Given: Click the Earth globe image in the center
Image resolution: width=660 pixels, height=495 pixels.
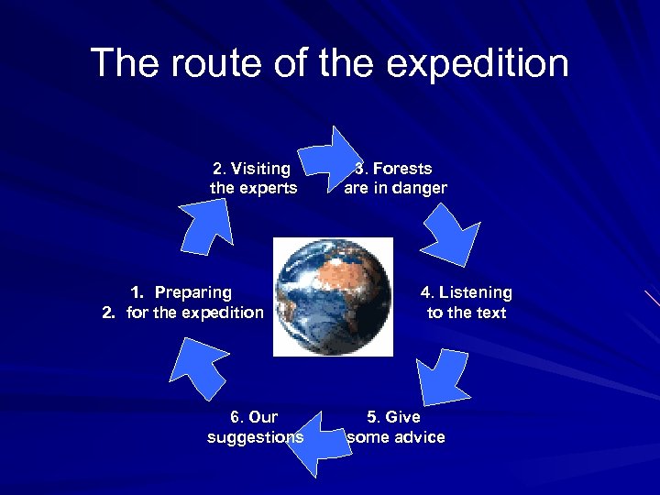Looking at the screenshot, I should [x=333, y=296].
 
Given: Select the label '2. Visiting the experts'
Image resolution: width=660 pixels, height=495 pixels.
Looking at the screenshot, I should [x=253, y=178].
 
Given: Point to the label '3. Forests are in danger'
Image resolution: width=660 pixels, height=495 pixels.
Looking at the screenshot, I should [x=395, y=178].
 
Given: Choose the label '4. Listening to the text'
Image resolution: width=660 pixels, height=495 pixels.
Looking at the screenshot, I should [x=466, y=302].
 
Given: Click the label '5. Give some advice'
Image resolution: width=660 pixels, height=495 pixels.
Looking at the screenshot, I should [x=395, y=427].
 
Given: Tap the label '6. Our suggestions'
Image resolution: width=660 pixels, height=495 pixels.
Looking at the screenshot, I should [x=255, y=427].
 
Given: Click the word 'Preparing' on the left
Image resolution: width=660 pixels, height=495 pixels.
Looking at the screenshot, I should [x=192, y=292].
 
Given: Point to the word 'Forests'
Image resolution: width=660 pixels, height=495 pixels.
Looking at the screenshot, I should [x=402, y=169].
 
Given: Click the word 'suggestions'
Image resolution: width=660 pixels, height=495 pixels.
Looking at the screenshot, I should [x=255, y=437].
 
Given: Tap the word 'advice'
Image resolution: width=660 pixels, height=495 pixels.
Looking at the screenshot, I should [x=416, y=437].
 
